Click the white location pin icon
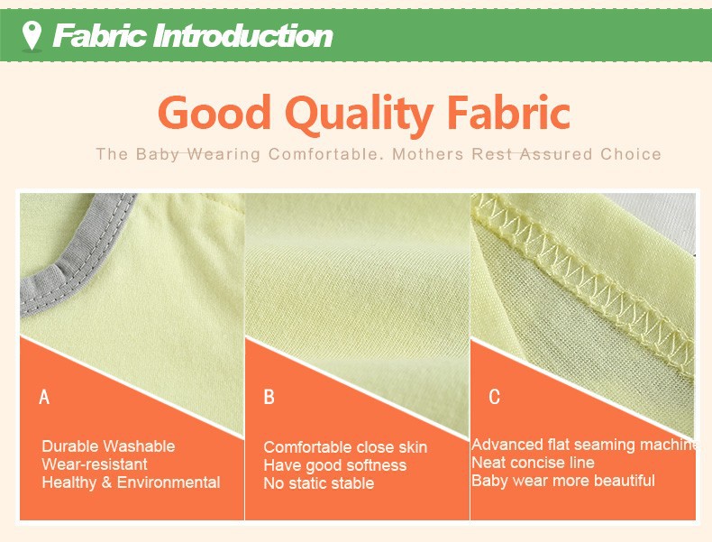(32, 35)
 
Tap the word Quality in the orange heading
(360, 114)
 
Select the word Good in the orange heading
(215, 112)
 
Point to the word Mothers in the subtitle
(427, 154)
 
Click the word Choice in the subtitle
(631, 154)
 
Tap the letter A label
(44, 397)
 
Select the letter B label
(269, 397)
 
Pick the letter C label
(495, 397)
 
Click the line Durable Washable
(108, 446)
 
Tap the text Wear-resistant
(95, 464)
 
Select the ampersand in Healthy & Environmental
(106, 482)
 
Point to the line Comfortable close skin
(345, 447)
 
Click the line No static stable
(319, 483)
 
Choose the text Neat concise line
(533, 463)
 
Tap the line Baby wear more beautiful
(563, 480)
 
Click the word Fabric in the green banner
(100, 36)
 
